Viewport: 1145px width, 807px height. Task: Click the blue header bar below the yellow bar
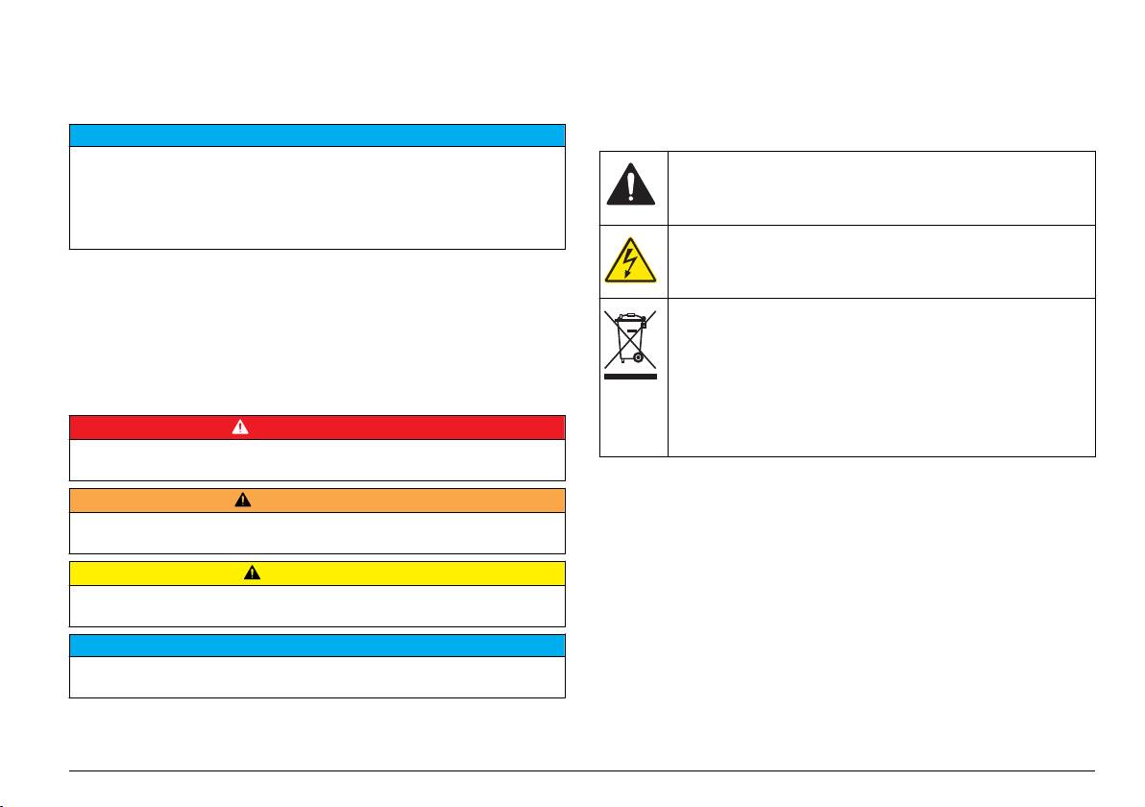pos(317,645)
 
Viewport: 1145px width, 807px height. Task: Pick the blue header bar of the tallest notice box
pos(317,134)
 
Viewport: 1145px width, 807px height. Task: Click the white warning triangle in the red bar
pos(240,427)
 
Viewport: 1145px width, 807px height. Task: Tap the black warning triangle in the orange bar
pos(243,500)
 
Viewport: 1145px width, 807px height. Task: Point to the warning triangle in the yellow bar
pos(252,573)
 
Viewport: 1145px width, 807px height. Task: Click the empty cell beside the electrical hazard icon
pos(881,261)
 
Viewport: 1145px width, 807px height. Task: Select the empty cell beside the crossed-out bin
pos(881,377)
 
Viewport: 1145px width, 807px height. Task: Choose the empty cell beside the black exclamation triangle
pos(881,187)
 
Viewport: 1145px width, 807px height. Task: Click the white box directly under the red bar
pos(317,459)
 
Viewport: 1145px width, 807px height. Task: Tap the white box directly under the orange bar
pos(317,532)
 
